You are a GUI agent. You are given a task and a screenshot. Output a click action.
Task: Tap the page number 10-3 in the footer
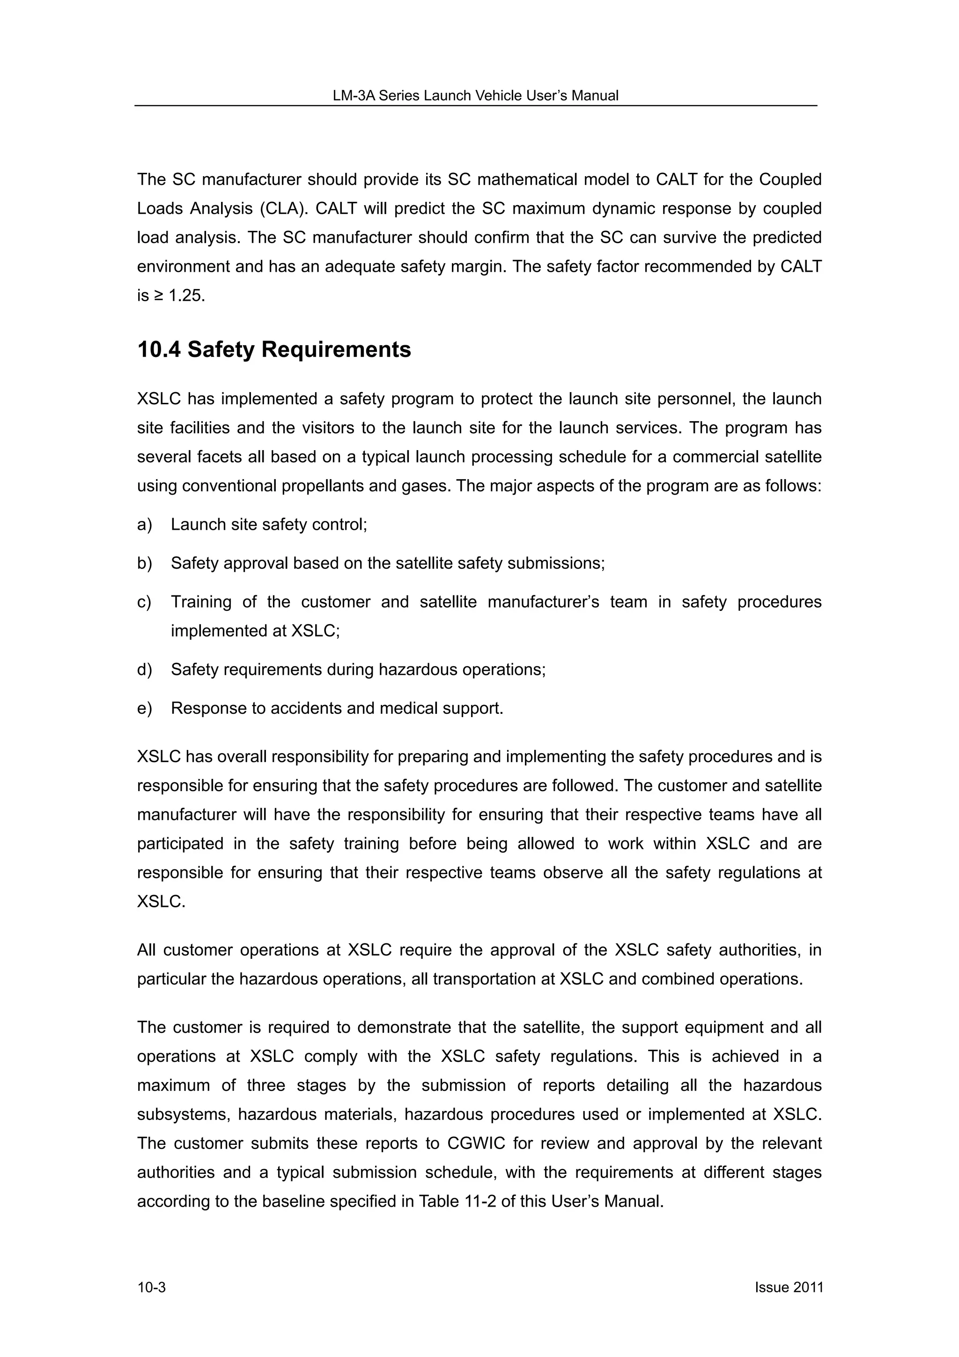tap(151, 1287)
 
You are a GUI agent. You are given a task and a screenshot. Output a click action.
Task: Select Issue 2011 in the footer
tap(788, 1287)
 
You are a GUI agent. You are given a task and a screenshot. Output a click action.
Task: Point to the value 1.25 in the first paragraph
tap(185, 296)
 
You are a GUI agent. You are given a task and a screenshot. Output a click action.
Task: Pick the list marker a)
tap(144, 524)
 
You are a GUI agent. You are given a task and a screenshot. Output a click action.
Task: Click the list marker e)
tap(144, 708)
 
